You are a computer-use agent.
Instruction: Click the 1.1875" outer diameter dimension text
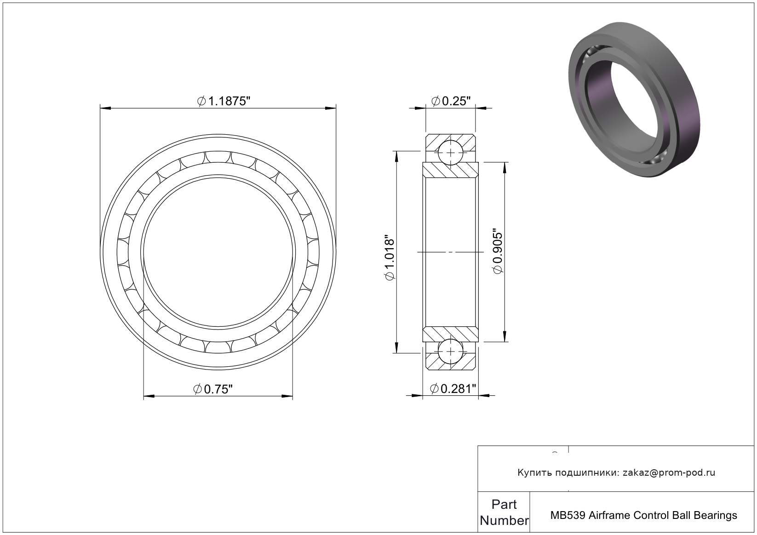click(x=224, y=101)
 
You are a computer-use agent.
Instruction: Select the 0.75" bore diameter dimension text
click(x=213, y=389)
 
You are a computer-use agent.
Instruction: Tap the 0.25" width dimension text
click(x=451, y=101)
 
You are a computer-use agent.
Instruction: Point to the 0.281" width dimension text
click(x=453, y=389)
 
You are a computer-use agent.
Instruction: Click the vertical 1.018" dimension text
click(x=390, y=257)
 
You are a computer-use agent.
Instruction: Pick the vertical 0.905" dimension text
click(x=498, y=253)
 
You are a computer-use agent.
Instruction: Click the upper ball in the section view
click(x=451, y=153)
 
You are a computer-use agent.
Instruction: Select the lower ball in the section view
click(x=451, y=352)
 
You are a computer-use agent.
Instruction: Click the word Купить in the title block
click(x=535, y=473)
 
